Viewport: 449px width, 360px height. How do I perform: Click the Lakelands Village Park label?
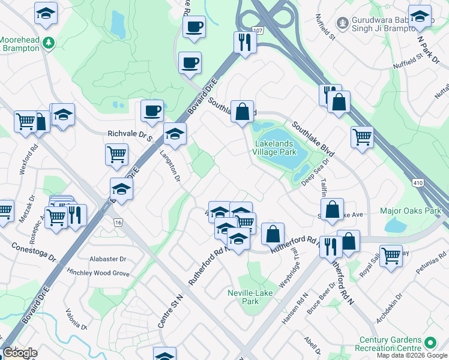pos(276,148)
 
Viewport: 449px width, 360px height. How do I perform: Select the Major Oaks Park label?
pos(410,211)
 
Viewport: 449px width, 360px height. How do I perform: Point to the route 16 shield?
pos(118,223)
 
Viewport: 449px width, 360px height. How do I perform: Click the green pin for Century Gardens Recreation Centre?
pos(430,343)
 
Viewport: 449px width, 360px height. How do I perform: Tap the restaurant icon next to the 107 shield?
pos(245,42)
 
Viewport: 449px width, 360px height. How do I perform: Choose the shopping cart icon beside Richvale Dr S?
pos(116,154)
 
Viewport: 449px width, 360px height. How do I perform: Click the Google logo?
pos(20,353)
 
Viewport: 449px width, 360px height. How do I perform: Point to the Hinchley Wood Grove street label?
pos(98,273)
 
